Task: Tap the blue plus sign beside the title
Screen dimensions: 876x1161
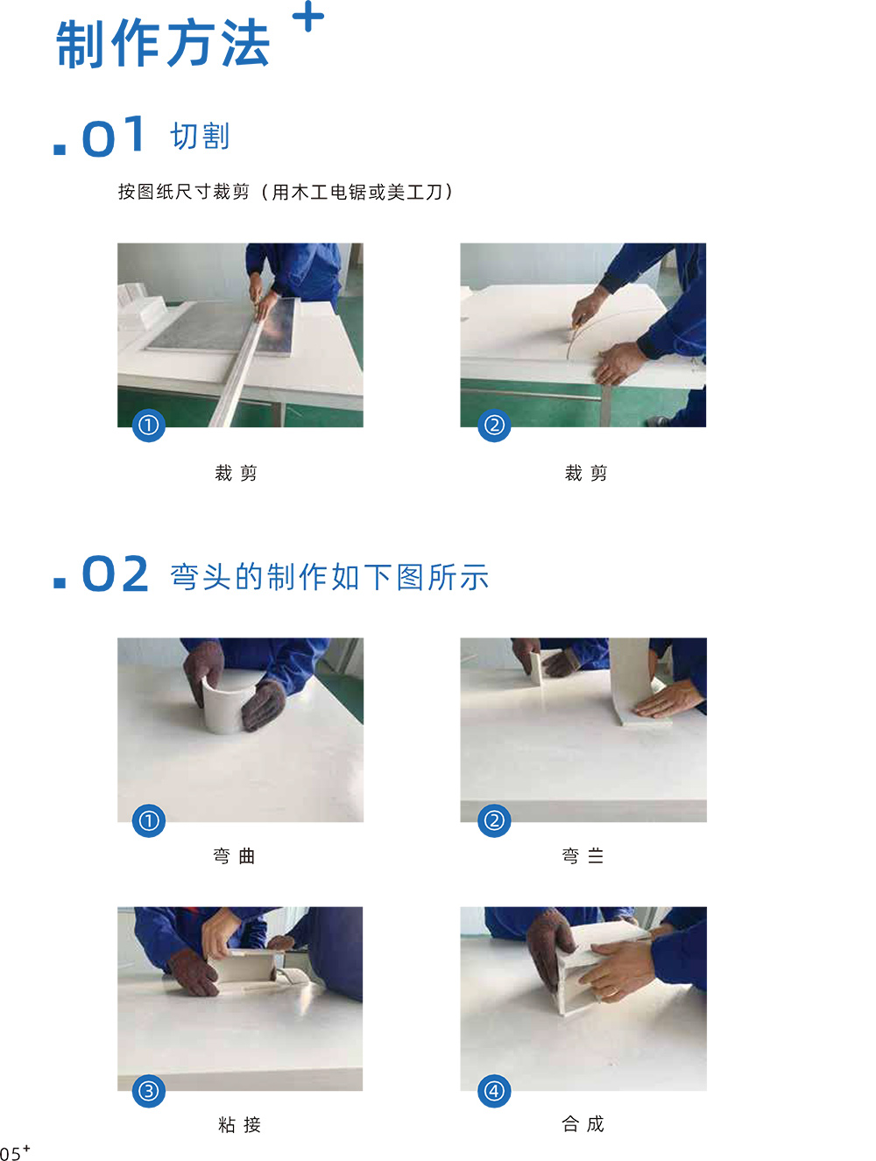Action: (x=307, y=16)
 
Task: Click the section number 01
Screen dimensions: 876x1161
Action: (x=113, y=137)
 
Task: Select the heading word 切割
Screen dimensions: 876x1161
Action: (x=200, y=137)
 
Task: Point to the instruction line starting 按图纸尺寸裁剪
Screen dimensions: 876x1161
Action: (x=286, y=192)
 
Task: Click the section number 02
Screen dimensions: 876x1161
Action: (x=115, y=573)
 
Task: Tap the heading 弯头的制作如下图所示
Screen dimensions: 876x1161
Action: (x=329, y=576)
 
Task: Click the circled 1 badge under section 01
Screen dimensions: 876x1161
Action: (x=149, y=425)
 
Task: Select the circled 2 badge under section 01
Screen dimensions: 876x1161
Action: (x=494, y=425)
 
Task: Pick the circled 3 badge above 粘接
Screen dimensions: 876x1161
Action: (x=149, y=1091)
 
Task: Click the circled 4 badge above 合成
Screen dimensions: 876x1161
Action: (x=494, y=1091)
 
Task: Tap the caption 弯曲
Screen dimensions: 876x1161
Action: (x=235, y=855)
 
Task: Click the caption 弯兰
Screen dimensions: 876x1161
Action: (x=583, y=855)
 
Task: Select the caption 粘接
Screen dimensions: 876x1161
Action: (x=239, y=1124)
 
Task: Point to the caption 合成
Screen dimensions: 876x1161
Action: (x=583, y=1123)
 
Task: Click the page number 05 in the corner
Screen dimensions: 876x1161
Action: (x=11, y=1153)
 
